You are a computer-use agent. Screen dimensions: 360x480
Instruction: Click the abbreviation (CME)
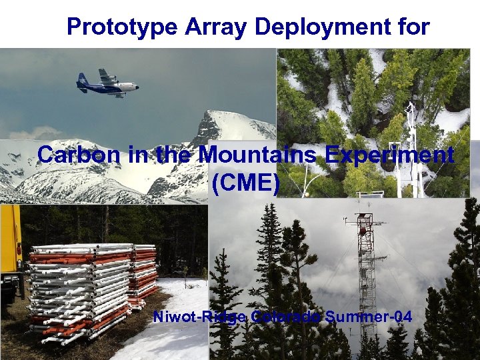tap(245, 182)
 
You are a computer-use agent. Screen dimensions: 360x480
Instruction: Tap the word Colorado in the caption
tap(287, 317)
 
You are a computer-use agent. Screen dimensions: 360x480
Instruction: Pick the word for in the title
tap(414, 27)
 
